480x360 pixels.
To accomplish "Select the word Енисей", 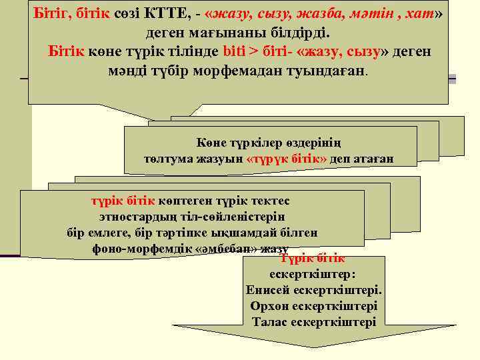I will tap(267, 291).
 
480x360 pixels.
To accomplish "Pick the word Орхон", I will tap(271, 306).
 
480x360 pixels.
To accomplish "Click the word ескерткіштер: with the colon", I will tap(313, 275).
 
